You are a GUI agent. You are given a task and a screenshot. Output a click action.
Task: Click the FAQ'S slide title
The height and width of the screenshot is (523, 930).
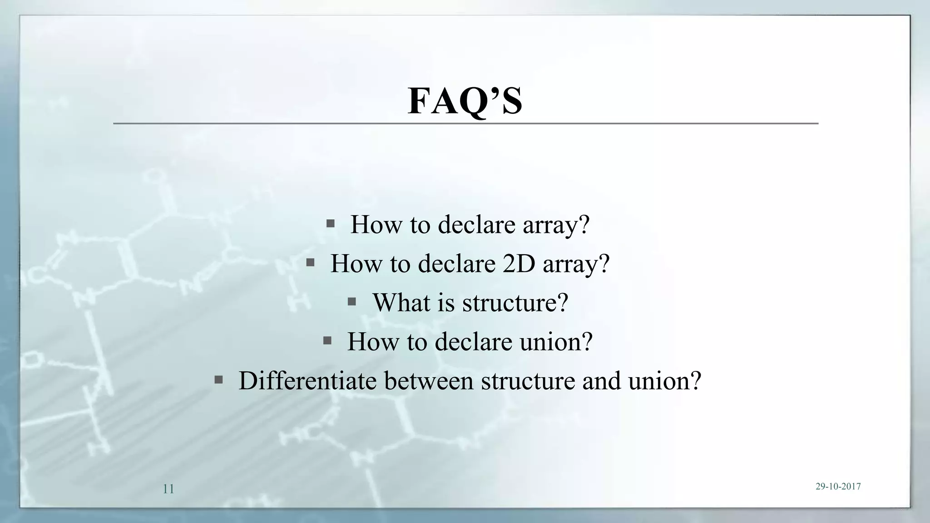(465, 101)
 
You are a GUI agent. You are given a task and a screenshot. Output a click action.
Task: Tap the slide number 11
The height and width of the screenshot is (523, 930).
(168, 489)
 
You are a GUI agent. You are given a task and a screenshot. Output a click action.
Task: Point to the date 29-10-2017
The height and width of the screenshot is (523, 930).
(838, 486)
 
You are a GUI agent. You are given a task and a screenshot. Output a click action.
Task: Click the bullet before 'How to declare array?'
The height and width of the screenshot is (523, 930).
(331, 223)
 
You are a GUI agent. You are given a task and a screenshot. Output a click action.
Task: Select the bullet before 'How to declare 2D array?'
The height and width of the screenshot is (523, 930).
(311, 262)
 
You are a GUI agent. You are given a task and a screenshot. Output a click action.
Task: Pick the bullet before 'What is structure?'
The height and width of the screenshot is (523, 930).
(351, 301)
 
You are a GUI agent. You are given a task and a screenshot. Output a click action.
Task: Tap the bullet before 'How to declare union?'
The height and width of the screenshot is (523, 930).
(327, 340)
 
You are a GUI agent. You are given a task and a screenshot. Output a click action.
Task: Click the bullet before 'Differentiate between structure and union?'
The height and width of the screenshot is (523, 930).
(218, 380)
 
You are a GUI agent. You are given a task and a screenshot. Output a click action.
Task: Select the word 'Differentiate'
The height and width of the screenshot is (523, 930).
(307, 380)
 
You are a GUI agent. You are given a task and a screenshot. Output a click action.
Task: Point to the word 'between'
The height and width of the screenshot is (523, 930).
(429, 380)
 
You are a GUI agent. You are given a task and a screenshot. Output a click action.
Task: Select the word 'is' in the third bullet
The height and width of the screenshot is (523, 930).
(445, 302)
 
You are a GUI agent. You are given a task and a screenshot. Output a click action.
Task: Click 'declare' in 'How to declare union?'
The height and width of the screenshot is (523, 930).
(474, 341)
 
